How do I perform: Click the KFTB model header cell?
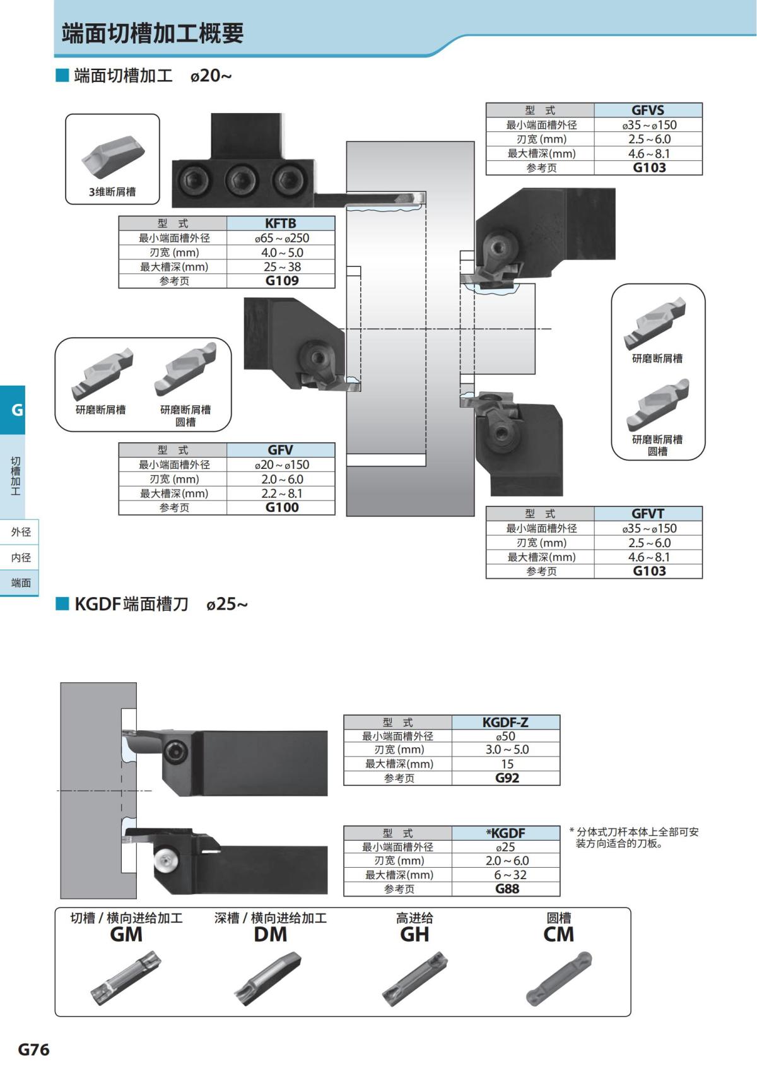point(281,223)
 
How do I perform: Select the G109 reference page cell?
point(281,281)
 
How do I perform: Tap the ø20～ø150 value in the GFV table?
point(281,464)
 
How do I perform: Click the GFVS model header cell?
point(648,110)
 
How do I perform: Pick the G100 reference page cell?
point(281,507)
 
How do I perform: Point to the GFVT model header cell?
point(648,514)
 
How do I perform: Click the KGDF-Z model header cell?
point(505,722)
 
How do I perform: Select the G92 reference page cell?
point(506,778)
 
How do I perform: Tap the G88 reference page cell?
point(506,889)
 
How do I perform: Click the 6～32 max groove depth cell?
point(506,875)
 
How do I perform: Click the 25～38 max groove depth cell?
point(281,266)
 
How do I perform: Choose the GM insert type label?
point(126,935)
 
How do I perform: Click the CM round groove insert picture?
point(559,978)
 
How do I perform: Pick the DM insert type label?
point(270,935)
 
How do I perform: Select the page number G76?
point(33,1050)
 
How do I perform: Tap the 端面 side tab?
point(20,583)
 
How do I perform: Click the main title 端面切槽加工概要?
point(153,33)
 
